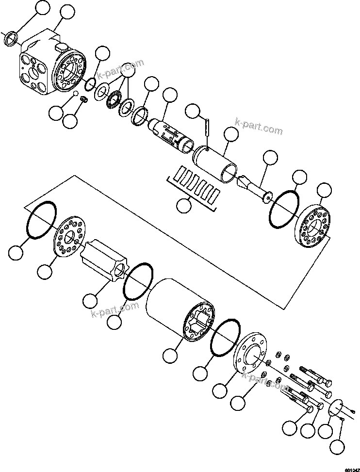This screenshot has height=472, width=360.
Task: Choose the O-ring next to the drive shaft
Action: point(284,209)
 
